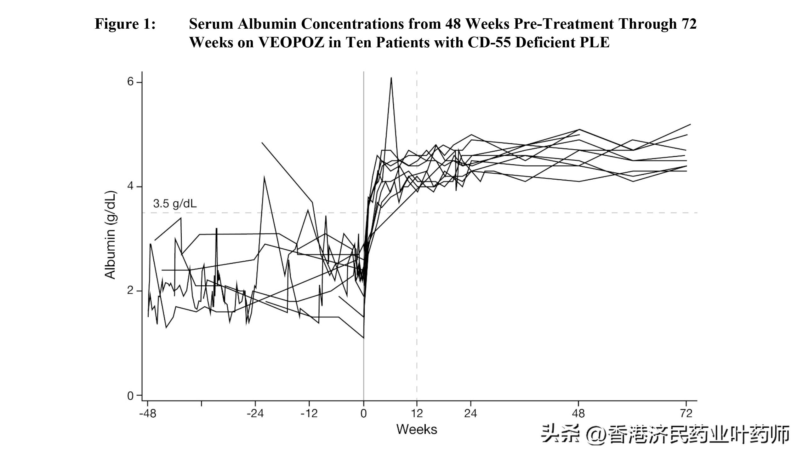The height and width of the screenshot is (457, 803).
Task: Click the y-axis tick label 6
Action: [x=130, y=82]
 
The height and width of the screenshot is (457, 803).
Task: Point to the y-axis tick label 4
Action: [x=130, y=187]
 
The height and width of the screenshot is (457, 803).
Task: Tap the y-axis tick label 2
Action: [x=130, y=291]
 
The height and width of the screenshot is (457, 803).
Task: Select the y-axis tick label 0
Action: [x=130, y=396]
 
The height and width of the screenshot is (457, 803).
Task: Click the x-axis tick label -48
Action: [x=148, y=414]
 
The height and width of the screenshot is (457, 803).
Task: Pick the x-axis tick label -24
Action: [x=255, y=414]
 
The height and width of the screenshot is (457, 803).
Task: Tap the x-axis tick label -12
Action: [x=309, y=414]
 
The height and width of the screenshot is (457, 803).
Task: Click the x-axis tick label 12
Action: [x=417, y=414]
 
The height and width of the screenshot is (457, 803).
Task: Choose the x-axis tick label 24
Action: [x=470, y=414]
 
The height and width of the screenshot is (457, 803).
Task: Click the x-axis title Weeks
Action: [x=417, y=430]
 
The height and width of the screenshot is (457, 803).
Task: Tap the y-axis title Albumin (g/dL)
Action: [x=110, y=235]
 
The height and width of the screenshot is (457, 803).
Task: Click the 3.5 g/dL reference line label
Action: [x=175, y=204]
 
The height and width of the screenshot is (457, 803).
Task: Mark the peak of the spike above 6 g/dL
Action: [x=391, y=78]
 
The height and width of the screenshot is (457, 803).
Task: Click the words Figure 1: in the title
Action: [x=125, y=24]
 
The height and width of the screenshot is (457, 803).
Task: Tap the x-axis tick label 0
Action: [x=364, y=414]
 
